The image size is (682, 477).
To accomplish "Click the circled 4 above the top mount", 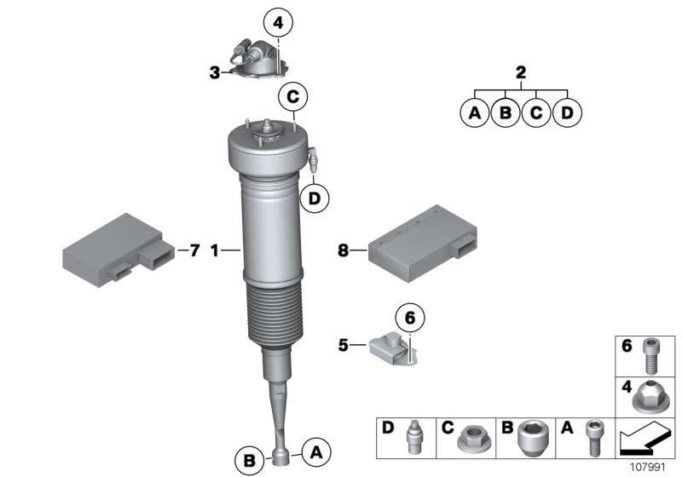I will point(278,20).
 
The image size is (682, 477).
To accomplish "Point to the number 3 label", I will point(215,73).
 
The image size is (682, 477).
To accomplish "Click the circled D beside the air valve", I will point(315,198).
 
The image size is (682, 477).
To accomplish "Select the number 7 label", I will point(194,250).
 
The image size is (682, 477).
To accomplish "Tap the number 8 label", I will point(343,250).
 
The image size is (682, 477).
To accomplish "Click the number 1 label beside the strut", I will point(215,250).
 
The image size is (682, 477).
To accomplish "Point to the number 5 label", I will point(343,345).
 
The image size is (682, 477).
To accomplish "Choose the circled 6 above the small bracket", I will point(408,318).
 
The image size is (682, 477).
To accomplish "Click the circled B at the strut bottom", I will point(249,461).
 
